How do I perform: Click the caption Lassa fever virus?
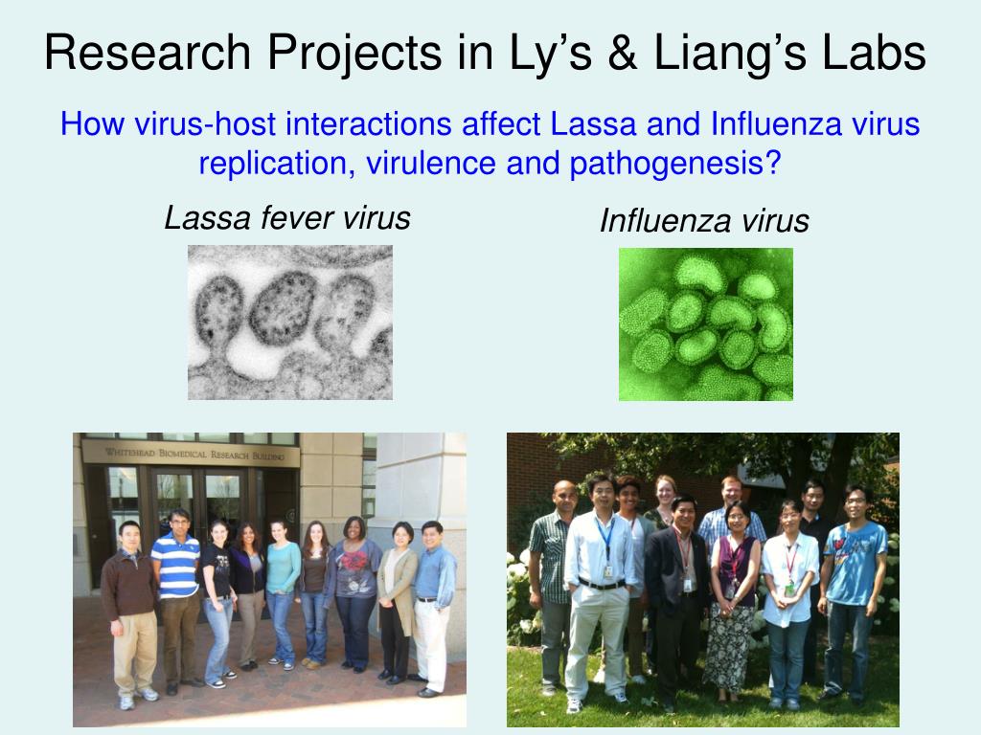[287, 218]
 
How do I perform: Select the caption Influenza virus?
[704, 221]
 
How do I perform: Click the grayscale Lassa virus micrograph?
[290, 322]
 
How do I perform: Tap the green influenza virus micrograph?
[706, 323]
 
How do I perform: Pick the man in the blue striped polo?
[177, 593]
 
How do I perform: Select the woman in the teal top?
[282, 584]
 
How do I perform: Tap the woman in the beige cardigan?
[397, 593]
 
